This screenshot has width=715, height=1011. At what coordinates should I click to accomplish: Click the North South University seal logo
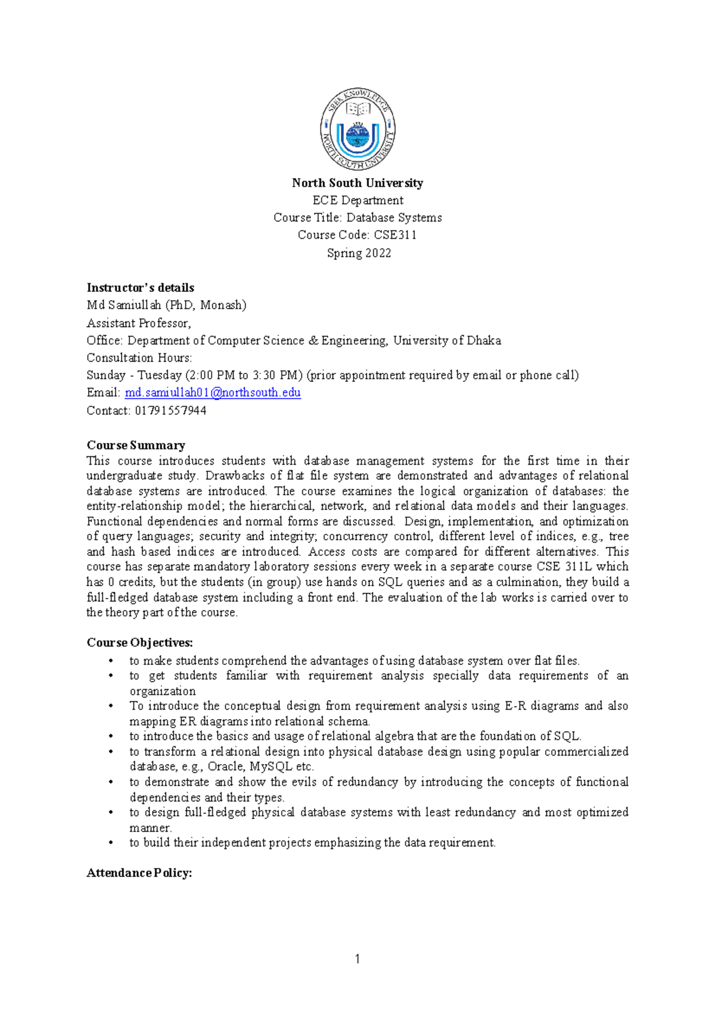coord(357,129)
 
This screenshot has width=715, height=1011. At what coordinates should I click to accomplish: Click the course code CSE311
coord(394,235)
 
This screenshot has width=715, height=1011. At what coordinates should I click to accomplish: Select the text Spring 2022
coord(359,253)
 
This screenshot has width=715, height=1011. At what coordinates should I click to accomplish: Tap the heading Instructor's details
coord(140,287)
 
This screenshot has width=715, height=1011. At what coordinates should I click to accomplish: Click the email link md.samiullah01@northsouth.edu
coord(212,393)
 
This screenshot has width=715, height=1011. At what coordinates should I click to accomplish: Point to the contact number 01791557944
coord(170,410)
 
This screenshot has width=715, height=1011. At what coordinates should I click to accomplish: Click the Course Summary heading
coord(136,445)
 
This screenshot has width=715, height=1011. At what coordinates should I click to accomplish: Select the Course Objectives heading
coord(139,642)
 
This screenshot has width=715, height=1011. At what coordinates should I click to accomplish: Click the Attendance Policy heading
coord(139,873)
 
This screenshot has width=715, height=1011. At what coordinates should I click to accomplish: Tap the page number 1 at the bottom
coord(357,959)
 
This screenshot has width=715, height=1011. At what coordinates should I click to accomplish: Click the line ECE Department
coord(357,200)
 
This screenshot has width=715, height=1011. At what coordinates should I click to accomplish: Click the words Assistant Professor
coord(138,323)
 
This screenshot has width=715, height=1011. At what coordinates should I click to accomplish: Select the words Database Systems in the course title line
coord(394,217)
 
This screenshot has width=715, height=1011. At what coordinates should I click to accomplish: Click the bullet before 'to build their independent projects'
coord(111,843)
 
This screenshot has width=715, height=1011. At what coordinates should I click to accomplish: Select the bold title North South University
coord(357,183)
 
